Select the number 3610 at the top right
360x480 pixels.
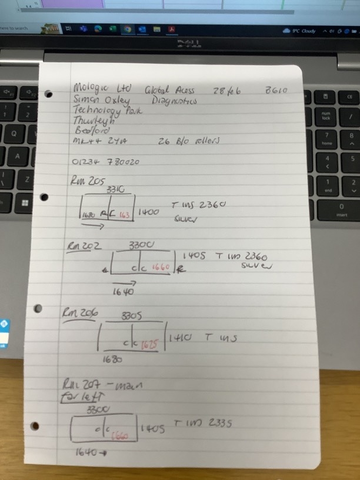[x=276, y=91]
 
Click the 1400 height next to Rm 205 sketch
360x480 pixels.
[x=149, y=211]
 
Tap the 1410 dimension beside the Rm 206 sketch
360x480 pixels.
[x=178, y=339]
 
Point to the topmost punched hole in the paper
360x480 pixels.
[x=49, y=94]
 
